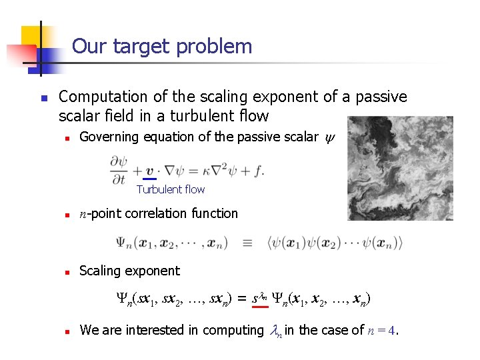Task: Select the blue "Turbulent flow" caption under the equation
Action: click(x=171, y=189)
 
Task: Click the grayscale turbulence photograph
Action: click(x=400, y=167)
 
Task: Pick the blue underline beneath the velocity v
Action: click(x=150, y=178)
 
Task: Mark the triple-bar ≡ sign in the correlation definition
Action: click(x=247, y=243)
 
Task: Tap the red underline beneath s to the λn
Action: click(x=260, y=309)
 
